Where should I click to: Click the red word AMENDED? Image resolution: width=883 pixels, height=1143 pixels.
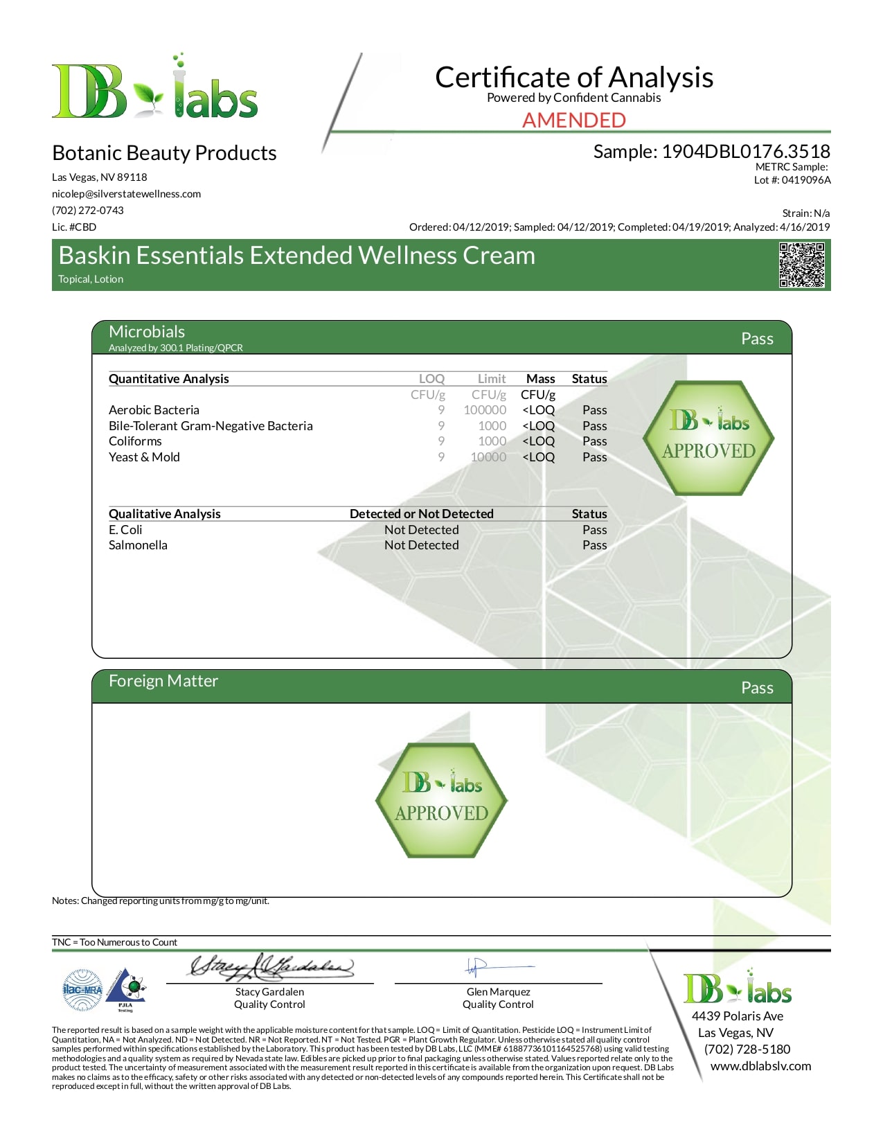tap(573, 121)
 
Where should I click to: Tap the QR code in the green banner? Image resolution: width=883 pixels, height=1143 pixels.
tap(801, 265)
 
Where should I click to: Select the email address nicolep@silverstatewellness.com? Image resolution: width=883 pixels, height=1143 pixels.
tap(126, 194)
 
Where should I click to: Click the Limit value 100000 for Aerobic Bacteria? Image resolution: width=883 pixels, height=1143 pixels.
tap(485, 410)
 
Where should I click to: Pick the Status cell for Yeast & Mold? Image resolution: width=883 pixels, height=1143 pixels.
tap(594, 457)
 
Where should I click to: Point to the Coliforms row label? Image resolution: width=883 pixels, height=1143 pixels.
tap(135, 441)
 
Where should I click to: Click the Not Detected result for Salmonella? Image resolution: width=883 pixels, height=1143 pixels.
tap(421, 545)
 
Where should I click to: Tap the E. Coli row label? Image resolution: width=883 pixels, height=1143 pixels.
tap(125, 530)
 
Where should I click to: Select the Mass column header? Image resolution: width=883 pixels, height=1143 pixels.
tap(540, 379)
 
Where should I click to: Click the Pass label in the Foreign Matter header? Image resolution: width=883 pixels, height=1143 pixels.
tap(757, 688)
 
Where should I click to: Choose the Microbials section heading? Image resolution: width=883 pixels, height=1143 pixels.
tap(147, 332)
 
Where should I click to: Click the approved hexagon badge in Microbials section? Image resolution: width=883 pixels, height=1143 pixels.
tap(708, 438)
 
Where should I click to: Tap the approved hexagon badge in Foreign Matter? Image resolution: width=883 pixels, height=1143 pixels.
tap(441, 800)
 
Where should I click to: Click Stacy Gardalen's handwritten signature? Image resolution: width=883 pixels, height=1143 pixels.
tap(271, 966)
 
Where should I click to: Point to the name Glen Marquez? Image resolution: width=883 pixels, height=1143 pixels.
tap(498, 992)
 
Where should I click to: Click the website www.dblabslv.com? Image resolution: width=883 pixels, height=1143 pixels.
tap(760, 1066)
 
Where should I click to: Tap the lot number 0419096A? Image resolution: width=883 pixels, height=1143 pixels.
tap(806, 180)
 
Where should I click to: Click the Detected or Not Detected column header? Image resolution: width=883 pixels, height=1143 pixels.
tap(421, 514)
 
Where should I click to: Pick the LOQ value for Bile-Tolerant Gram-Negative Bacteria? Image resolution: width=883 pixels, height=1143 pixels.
tap(441, 426)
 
